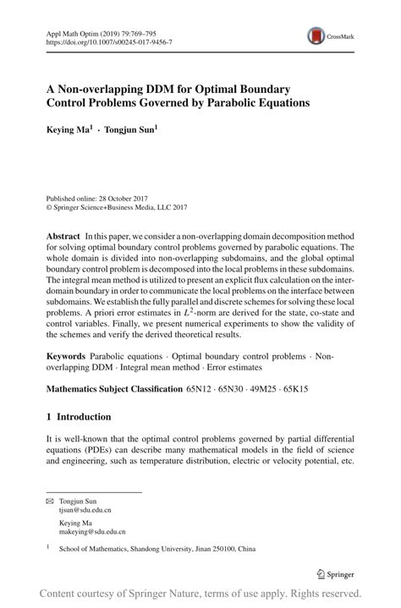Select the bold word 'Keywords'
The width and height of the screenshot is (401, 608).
click(67, 359)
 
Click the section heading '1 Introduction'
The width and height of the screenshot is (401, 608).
click(79, 417)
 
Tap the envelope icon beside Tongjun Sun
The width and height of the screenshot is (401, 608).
click(50, 501)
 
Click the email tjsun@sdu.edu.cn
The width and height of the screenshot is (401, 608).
click(85, 511)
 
